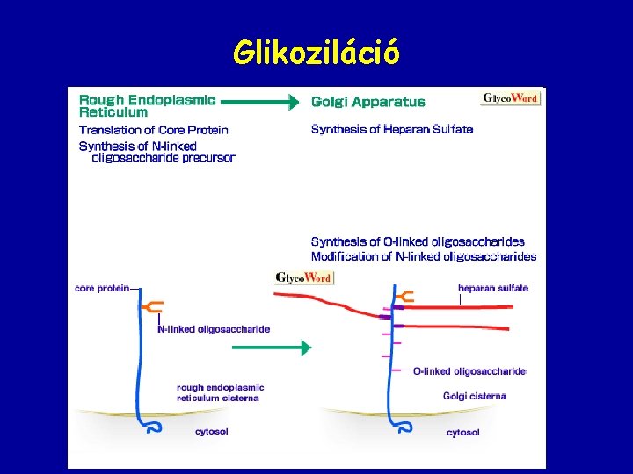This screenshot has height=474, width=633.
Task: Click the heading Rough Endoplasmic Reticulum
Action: (147, 106)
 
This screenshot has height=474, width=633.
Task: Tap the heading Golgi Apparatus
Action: (367, 102)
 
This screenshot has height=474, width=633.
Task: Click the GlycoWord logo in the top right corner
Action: (511, 97)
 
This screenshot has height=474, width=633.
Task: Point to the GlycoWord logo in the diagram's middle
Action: (303, 277)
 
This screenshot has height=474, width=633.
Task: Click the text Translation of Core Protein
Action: (153, 130)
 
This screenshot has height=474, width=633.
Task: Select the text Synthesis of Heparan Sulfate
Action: (391, 130)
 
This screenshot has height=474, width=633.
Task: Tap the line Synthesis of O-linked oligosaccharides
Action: (418, 241)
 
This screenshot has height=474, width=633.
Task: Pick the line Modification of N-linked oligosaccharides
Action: (423, 256)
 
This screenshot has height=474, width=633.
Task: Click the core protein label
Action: (102, 287)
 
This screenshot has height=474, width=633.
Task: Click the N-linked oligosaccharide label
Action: (213, 329)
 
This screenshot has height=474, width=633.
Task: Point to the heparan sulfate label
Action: (492, 288)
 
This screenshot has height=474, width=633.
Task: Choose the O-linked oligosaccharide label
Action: (469, 371)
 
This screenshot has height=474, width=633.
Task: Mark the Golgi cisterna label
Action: (474, 396)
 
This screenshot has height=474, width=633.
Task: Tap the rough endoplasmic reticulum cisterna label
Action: (220, 392)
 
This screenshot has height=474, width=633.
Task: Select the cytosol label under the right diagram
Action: (462, 432)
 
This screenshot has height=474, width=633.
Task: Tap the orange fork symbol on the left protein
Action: (151, 306)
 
